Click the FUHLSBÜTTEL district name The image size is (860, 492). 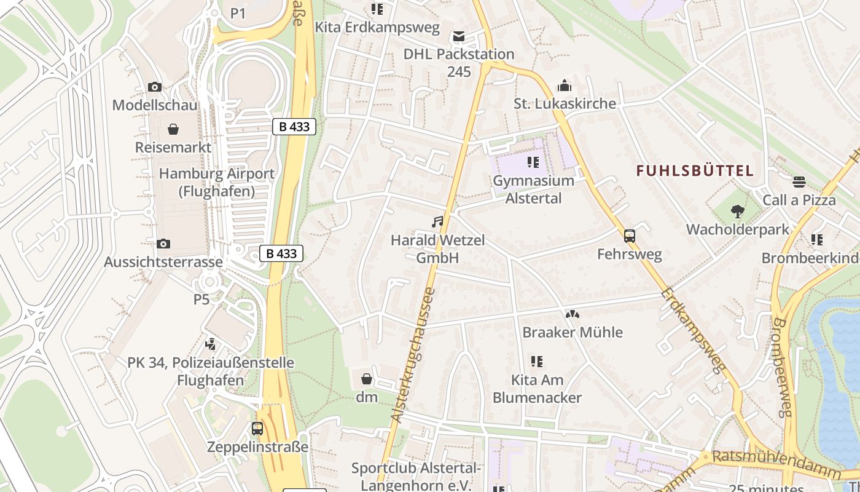tap(695, 171)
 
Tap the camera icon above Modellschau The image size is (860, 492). tap(155, 87)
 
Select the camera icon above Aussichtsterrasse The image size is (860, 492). tap(163, 244)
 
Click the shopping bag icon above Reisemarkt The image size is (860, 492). tap(174, 129)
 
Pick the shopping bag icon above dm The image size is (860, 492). tap(367, 379)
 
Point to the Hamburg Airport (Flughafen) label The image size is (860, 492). tap(217, 182)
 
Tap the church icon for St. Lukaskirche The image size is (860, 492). tap(565, 85)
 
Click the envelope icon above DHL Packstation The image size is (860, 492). tap(459, 36)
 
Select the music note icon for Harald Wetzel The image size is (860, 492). tap(437, 222)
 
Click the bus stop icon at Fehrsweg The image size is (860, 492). tap(630, 236)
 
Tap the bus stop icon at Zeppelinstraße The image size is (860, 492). tap(257, 429)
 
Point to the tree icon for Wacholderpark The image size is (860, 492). tap(738, 212)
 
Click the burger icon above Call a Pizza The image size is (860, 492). tap(799, 182)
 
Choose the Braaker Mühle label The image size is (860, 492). tap(573, 332)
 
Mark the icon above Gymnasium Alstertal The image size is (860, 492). tap(533, 162)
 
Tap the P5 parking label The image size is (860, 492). tap(201, 300)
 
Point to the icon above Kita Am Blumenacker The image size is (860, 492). tap(537, 362)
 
